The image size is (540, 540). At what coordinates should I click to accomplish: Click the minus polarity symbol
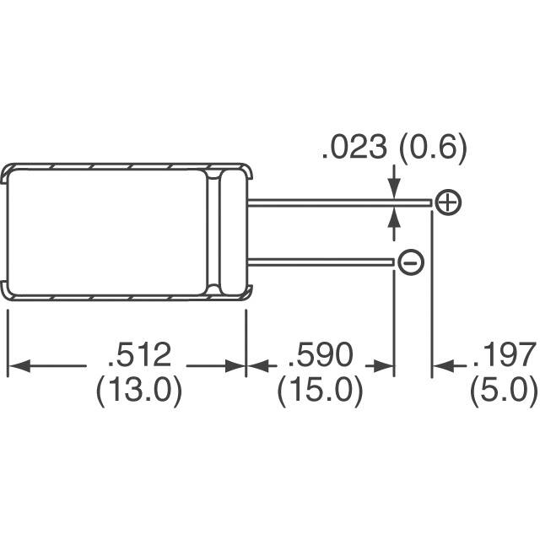pos(411,262)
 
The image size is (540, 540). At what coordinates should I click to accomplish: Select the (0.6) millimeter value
pos(433,148)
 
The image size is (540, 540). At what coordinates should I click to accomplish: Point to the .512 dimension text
pos(139,354)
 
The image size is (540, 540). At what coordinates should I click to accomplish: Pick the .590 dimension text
pos(321,354)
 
